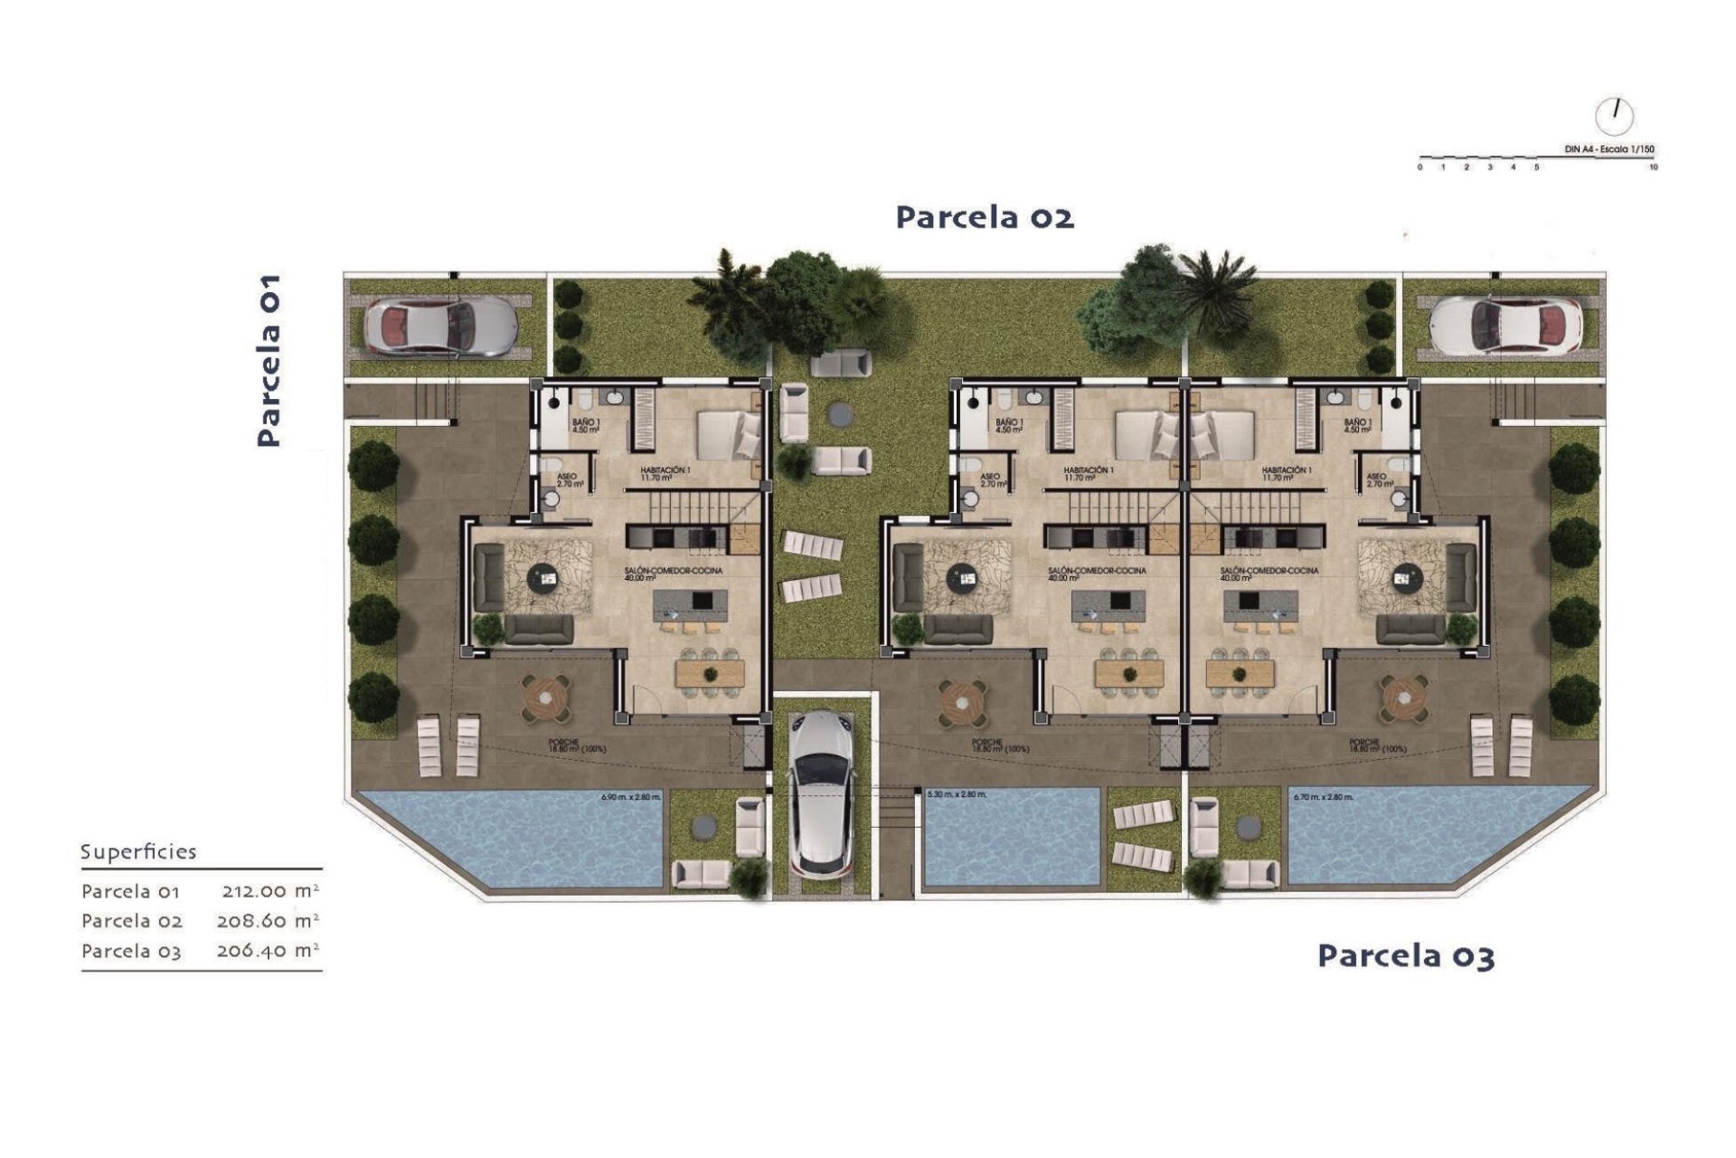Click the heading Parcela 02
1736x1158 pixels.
984,217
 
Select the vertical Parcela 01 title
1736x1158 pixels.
269,360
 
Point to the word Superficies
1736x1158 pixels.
138,851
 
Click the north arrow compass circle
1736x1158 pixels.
1614,116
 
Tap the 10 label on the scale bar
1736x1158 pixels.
1654,167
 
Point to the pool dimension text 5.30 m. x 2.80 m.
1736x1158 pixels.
957,794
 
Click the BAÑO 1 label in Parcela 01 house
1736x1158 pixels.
585,425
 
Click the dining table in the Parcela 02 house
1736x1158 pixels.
1128,672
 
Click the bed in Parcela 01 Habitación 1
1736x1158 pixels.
728,435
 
